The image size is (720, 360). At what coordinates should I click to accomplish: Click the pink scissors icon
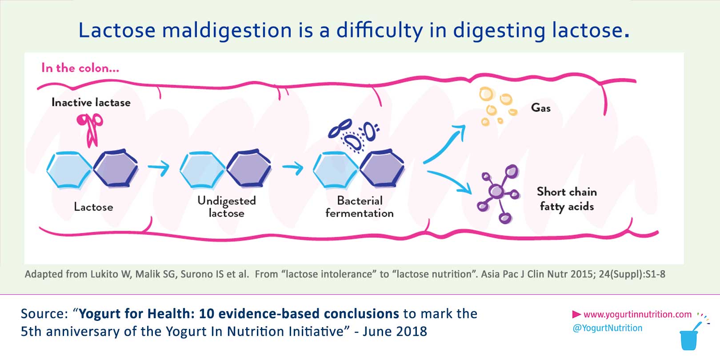(x=90, y=129)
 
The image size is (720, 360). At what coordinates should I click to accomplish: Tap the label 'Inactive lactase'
(x=91, y=103)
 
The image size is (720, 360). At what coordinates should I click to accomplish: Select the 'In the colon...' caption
(x=80, y=68)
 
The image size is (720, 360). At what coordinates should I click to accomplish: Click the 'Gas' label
(x=541, y=108)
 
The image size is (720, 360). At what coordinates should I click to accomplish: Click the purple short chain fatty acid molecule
(x=498, y=192)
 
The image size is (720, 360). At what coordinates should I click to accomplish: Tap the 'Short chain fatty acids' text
(x=567, y=199)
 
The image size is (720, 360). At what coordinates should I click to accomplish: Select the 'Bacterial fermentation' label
(x=360, y=207)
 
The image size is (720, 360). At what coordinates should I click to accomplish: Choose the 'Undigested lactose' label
(x=227, y=207)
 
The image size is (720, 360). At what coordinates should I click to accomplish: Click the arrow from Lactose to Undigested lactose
(x=159, y=168)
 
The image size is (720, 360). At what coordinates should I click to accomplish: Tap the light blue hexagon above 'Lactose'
(x=69, y=169)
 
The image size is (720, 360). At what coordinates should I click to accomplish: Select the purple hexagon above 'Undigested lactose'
(x=249, y=169)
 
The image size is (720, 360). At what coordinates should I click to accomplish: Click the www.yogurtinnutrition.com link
(x=637, y=315)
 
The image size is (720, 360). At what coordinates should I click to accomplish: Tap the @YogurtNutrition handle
(x=608, y=328)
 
